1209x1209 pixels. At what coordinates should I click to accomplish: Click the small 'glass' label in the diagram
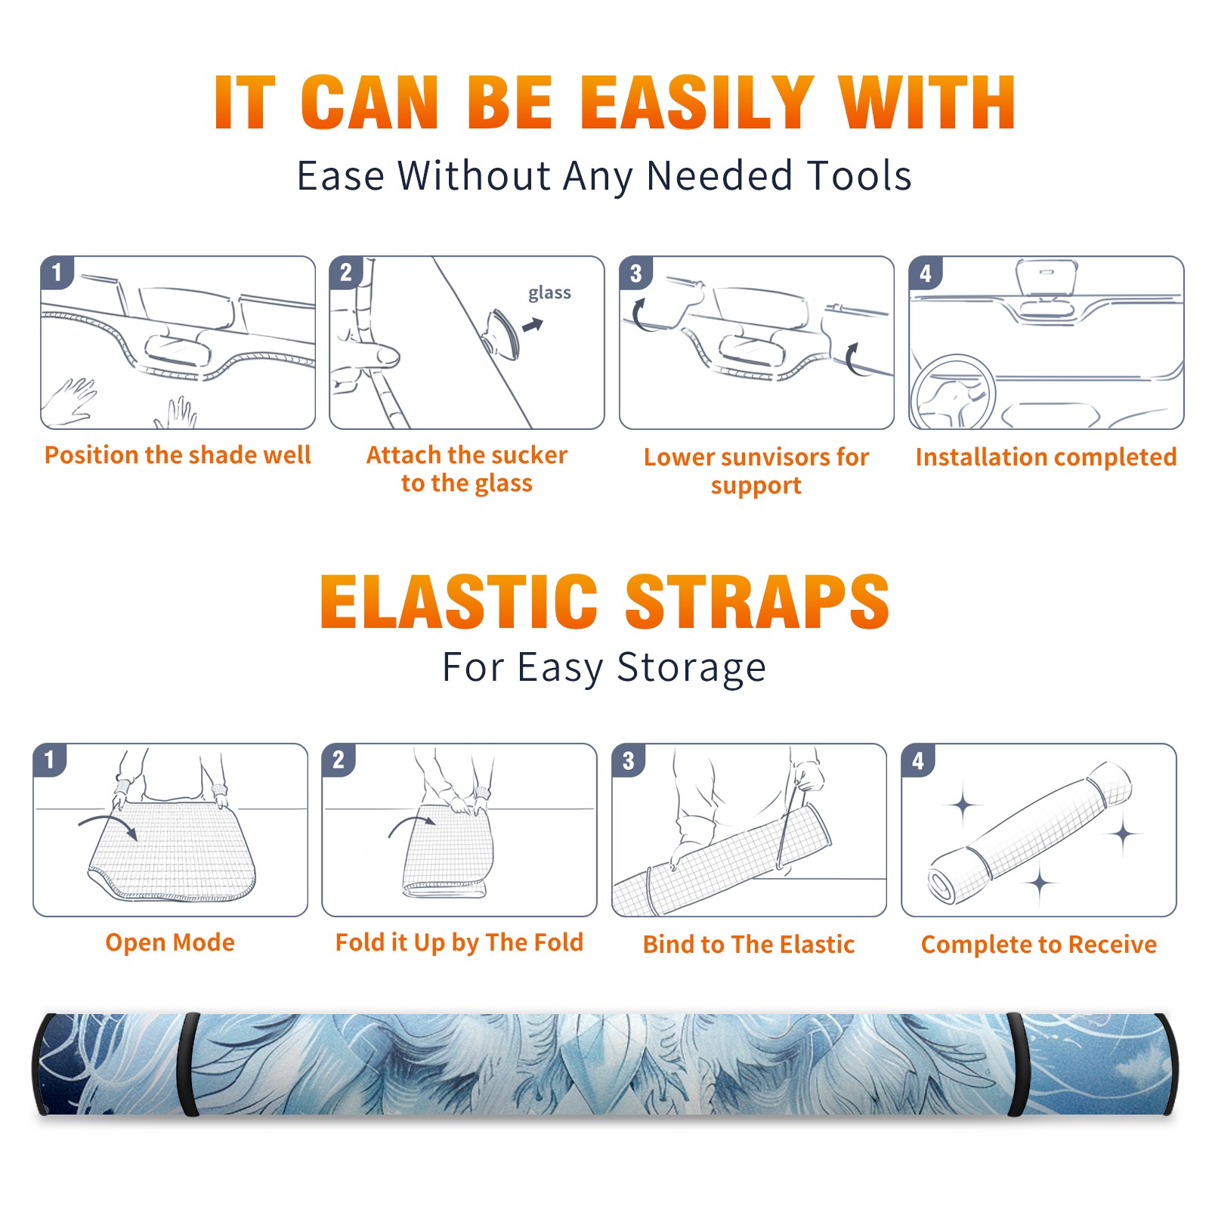coord(549,292)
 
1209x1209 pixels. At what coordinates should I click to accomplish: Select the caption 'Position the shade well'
coord(178,455)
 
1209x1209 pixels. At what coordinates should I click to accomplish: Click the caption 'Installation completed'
coord(1046,457)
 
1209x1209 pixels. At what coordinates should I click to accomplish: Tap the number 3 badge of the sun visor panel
coord(635,273)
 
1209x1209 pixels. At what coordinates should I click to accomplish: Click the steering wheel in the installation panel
coord(953,392)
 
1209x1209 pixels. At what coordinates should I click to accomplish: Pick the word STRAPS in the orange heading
coord(757,601)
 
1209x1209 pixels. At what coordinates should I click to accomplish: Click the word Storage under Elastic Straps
coord(691,667)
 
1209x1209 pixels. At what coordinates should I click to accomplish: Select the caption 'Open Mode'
coord(170,942)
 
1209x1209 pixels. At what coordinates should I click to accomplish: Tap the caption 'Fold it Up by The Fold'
coord(459,942)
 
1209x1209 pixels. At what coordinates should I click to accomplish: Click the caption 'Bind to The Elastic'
coord(749,945)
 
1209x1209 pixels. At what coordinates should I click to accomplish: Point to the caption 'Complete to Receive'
coord(1039,945)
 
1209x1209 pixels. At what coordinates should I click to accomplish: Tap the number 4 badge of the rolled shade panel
coord(917,760)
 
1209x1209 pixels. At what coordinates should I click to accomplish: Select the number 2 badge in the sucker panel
coord(346,272)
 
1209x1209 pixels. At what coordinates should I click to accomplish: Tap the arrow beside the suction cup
coord(533,326)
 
